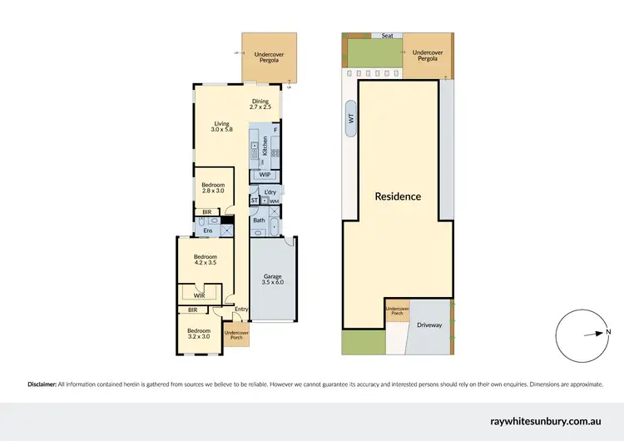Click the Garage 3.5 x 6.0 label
pyautogui.click(x=274, y=279)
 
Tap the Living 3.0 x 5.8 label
pyautogui.click(x=220, y=126)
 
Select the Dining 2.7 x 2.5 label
pyautogui.click(x=260, y=105)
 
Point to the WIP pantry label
pyautogui.click(x=265, y=175)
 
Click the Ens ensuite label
pyautogui.click(x=208, y=230)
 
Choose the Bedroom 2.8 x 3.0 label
pyautogui.click(x=211, y=187)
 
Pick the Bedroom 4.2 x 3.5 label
pyautogui.click(x=205, y=259)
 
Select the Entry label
pyautogui.click(x=241, y=310)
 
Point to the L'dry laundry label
pyautogui.click(x=270, y=193)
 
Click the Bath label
pyautogui.click(x=259, y=220)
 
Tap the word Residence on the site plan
pyautogui.click(x=398, y=197)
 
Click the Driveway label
pyautogui.click(x=429, y=325)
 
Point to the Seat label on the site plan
pyautogui.click(x=386, y=35)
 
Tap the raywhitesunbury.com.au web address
pyautogui.click(x=550, y=421)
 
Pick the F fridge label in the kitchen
pyautogui.click(x=275, y=131)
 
